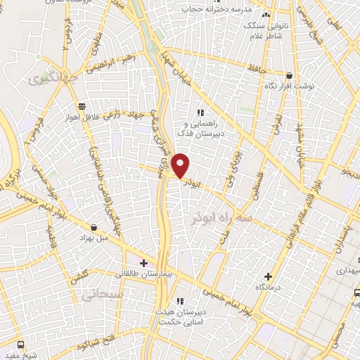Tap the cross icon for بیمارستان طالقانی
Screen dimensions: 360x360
(x=144, y=263)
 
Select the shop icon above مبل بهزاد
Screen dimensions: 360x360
(x=94, y=226)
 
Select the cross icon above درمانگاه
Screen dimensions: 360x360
(x=267, y=276)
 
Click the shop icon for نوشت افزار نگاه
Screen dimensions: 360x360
(x=289, y=75)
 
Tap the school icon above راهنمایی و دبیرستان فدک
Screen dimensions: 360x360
(x=200, y=112)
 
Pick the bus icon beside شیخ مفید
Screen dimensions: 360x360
(x=20, y=345)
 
